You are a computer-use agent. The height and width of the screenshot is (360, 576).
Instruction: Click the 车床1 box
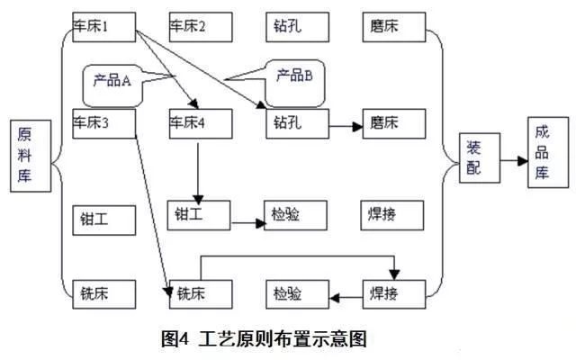[103, 27]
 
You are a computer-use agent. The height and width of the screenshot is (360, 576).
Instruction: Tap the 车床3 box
[103, 123]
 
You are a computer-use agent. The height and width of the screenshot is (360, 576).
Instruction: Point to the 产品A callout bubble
[112, 80]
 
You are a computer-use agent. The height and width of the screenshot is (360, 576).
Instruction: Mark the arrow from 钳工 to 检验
[248, 220]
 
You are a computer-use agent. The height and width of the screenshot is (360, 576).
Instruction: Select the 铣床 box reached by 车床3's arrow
[201, 293]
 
